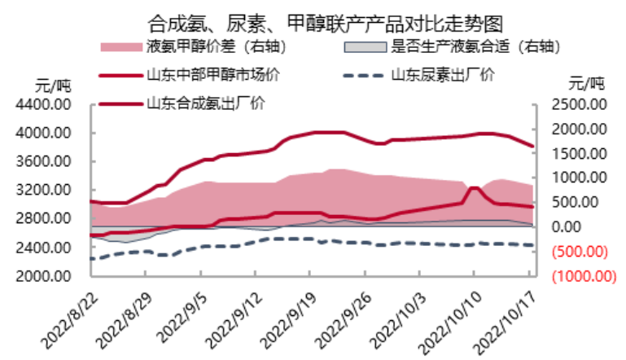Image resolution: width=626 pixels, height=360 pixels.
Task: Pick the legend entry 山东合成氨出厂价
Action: coord(204,103)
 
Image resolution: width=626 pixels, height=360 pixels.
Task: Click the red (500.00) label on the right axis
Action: coord(582,251)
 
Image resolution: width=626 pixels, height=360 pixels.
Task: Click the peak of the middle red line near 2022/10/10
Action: coord(474,188)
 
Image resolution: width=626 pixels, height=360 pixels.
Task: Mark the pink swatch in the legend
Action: coord(121,46)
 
